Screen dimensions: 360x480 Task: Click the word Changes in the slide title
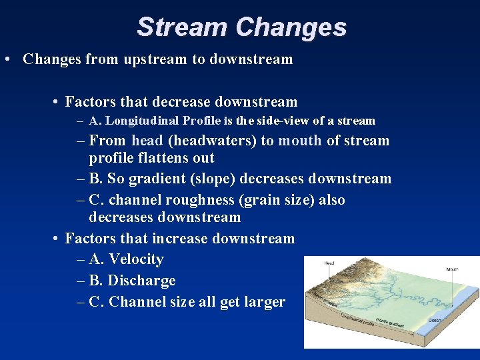tap(291, 27)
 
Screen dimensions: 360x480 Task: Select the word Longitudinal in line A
tap(137, 121)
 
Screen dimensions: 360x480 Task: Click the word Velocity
tap(136, 259)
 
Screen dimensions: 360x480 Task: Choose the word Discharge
tap(141, 281)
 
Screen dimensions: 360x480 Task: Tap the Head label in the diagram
tap(329, 263)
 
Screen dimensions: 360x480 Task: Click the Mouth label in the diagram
tap(453, 269)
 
